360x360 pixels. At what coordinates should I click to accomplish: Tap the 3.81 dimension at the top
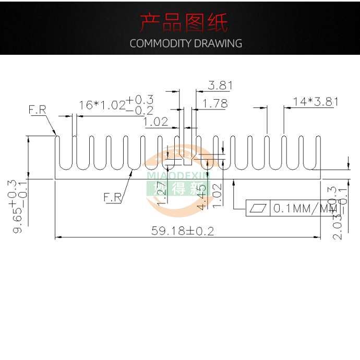coord(220,85)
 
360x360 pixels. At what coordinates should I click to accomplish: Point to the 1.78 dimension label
coord(215,103)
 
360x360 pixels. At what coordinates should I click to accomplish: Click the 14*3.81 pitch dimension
coord(316,102)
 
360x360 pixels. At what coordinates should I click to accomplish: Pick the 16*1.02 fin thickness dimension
coord(102,105)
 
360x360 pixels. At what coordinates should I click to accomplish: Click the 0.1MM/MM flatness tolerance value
coord(305,209)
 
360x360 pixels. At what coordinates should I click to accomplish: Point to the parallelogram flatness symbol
coord(259,209)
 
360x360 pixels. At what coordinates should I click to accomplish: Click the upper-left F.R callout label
coord(37,110)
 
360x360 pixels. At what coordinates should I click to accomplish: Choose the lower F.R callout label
coord(112,197)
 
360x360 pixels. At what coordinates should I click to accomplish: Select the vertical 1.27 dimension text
coord(162,194)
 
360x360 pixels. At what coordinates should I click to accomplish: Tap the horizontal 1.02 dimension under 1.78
coord(156,122)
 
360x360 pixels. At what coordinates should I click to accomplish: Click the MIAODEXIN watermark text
coord(178,176)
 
